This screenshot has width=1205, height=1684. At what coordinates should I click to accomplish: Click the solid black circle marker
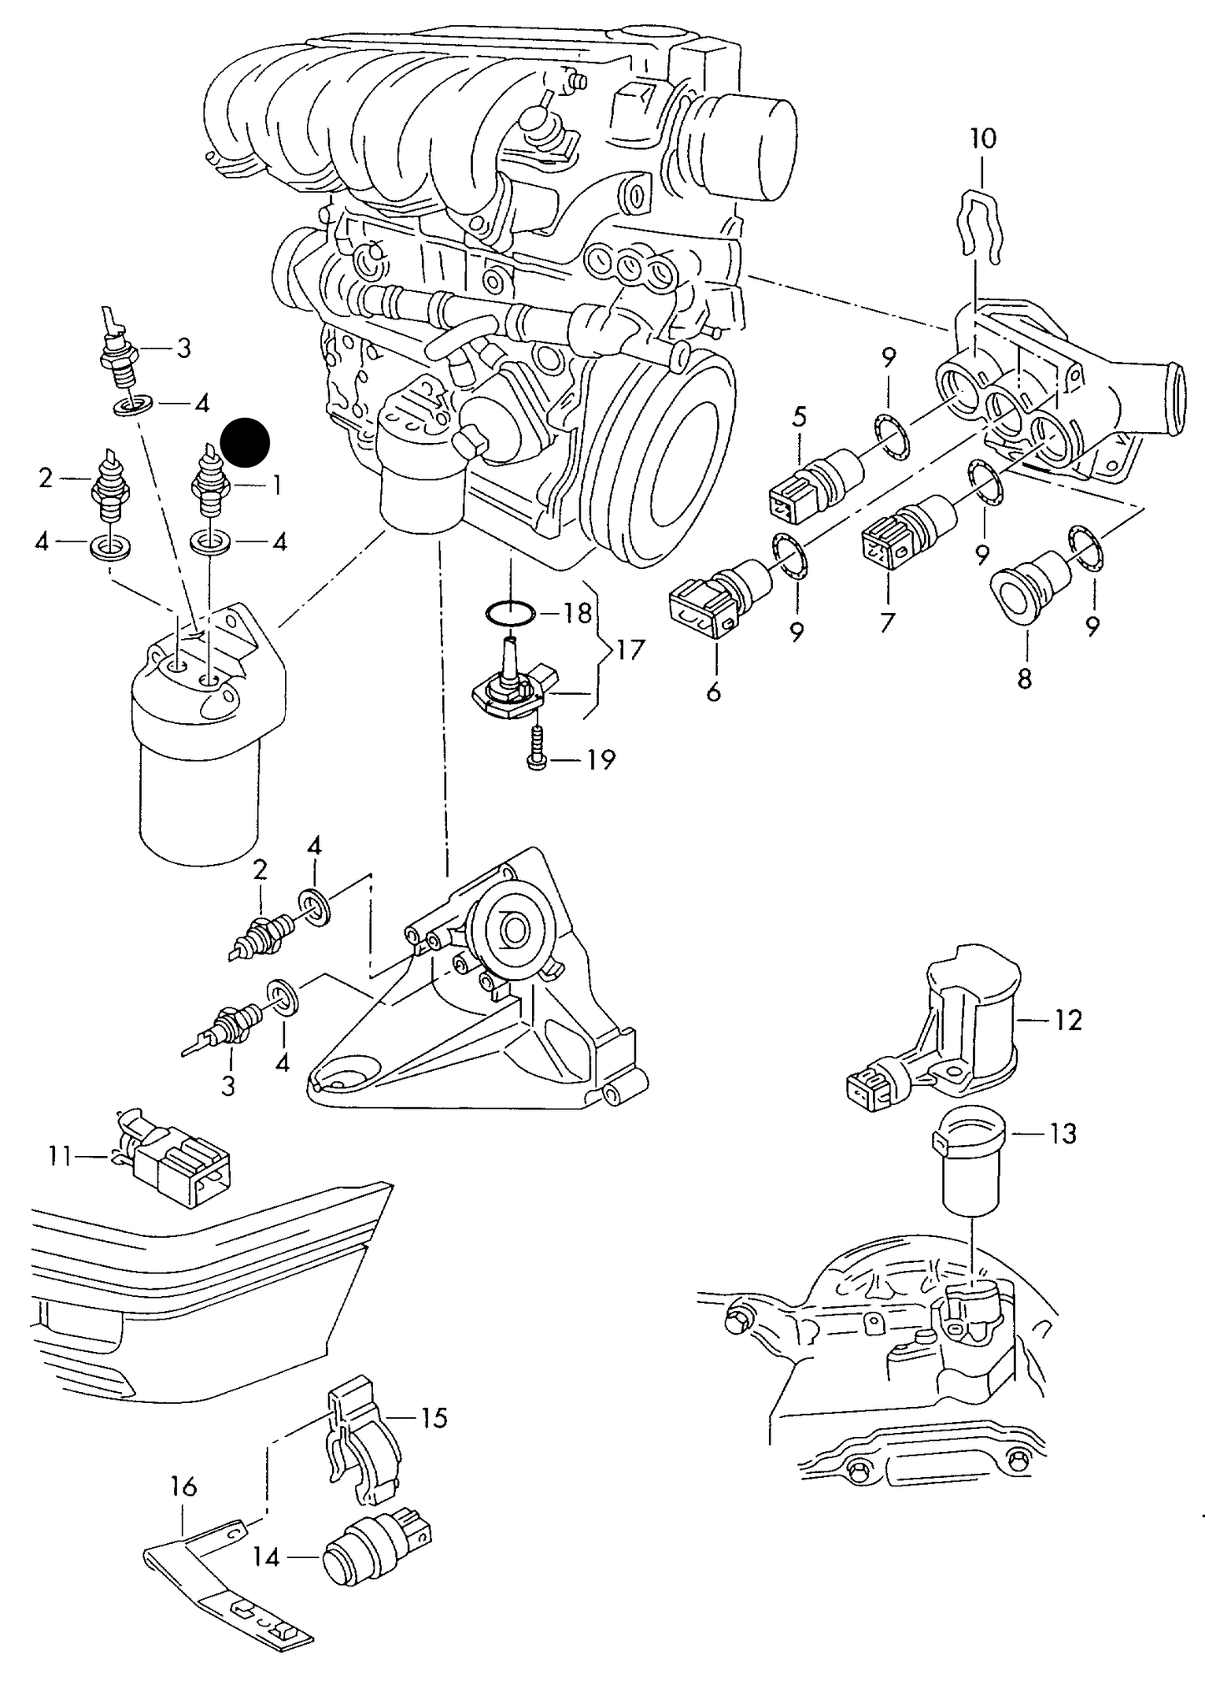point(245,441)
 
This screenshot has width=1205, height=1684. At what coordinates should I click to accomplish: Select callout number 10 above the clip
point(983,138)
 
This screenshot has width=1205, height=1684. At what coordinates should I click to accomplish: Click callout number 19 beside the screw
point(600,760)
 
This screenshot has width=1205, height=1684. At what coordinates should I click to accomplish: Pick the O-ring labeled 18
point(510,615)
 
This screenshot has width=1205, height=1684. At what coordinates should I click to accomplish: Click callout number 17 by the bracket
point(631,649)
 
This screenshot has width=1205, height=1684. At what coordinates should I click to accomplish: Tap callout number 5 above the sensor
point(800,416)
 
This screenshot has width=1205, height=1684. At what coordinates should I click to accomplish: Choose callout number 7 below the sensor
point(886,622)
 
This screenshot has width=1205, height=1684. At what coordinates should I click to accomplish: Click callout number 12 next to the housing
point(1067,1019)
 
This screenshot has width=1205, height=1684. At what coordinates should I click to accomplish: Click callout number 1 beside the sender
point(274,485)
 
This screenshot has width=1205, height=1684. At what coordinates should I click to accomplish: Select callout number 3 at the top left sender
point(183,348)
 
